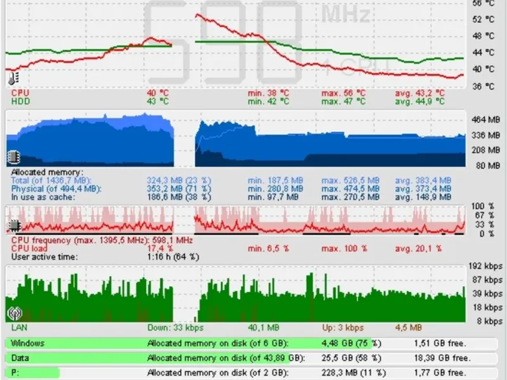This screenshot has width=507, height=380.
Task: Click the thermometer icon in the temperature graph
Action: pos(14,79)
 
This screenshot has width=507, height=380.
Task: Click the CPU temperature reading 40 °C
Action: pos(157,92)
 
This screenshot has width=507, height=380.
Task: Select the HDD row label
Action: pos(20,101)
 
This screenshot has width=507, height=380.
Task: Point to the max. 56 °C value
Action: pos(343,92)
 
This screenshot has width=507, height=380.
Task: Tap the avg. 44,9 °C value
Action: pos(420,101)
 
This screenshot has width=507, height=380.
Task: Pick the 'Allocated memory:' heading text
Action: pos(46,172)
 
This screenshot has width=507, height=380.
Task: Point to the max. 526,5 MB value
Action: pos(350,180)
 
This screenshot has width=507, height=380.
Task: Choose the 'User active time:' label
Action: pos(44,257)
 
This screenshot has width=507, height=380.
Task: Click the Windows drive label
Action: pos(28,343)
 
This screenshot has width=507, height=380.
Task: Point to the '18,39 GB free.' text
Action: pos(435,358)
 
